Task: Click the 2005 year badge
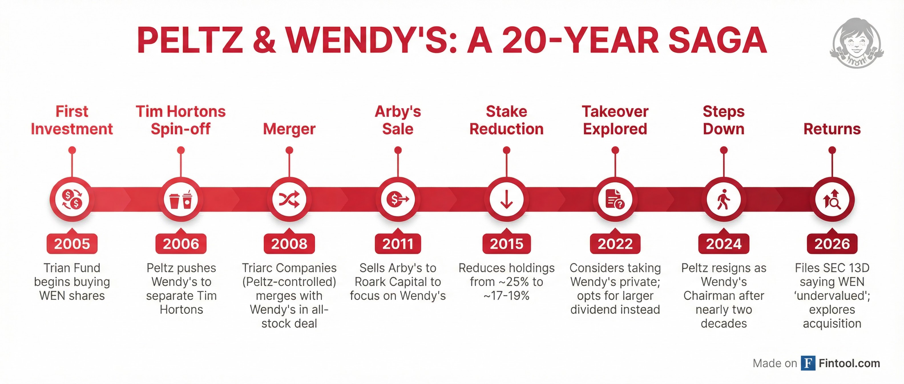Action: pos(72,243)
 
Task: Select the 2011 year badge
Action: pos(397,243)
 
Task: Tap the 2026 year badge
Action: pos(832,243)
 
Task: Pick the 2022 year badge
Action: pos(615,243)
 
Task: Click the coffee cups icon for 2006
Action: pos(181,199)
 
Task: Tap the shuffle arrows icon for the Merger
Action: pos(289,199)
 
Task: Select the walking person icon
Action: pos(723,199)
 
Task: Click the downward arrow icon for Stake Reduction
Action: pos(507,199)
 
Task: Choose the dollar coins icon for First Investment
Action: pos(72,199)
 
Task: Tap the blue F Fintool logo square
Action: pos(808,363)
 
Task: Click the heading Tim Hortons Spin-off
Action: pos(181,120)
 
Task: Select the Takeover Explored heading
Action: pos(615,120)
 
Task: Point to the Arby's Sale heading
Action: pos(397,120)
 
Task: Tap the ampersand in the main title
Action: pos(264,41)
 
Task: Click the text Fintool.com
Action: pos(849,363)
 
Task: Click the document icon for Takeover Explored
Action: pos(615,199)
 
